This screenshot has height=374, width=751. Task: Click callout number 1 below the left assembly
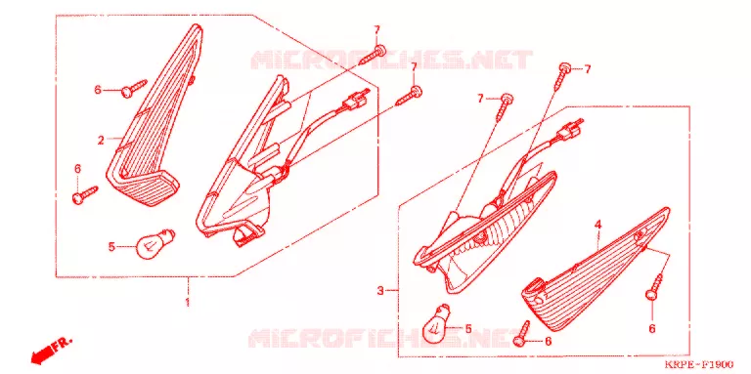point(188,303)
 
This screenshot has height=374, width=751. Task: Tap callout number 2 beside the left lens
point(101,141)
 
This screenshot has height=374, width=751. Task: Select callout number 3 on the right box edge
point(380,290)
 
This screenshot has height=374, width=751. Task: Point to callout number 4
point(597,225)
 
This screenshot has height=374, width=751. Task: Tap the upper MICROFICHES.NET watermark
point(391,60)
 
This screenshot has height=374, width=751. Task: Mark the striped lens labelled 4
point(594,270)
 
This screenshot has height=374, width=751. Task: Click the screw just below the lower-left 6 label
point(85,194)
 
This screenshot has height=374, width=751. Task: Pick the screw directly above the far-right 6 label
point(655,286)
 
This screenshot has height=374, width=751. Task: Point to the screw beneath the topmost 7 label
point(373,54)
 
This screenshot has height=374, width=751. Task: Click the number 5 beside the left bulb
point(111,247)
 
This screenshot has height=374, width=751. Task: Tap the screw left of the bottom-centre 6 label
point(522,332)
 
